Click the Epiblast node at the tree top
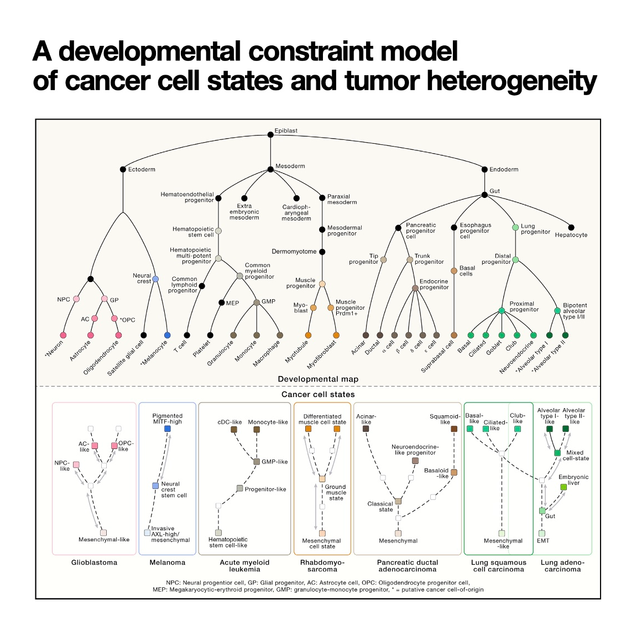point(270,134)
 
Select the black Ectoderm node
point(123,169)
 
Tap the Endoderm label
point(503,169)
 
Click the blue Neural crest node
point(155,279)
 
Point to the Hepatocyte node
point(571,228)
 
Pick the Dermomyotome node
point(322,252)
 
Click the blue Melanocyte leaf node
point(168,335)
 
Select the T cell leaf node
point(187,335)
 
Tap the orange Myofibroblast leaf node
point(336,335)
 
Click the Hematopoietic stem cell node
point(218,231)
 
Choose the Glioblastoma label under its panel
point(94,562)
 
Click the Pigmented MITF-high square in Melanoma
point(168,429)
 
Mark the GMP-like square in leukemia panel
point(257,462)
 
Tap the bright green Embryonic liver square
point(564,487)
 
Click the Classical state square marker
point(398,501)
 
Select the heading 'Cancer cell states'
point(318,394)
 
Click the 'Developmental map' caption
point(318,379)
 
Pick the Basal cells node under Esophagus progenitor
point(454,271)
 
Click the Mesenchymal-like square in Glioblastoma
point(103,533)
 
